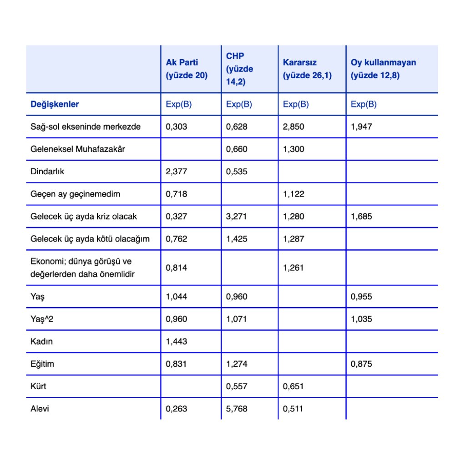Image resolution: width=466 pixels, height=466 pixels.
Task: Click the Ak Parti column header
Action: coord(187,69)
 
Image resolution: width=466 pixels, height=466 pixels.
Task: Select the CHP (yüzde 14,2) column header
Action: coord(240,69)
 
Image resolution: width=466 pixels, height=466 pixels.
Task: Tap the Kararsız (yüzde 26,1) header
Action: coord(307,69)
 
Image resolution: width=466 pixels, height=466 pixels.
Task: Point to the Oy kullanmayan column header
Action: coord(383,69)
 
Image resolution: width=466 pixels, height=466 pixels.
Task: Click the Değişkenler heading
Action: coord(55,104)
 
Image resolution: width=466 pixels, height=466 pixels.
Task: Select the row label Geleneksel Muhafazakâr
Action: coord(77,149)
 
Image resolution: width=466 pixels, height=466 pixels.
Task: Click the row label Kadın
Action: coord(41,341)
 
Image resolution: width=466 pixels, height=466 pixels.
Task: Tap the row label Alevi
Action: coord(40,409)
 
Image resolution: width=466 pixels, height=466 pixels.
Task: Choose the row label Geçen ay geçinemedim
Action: coord(75,194)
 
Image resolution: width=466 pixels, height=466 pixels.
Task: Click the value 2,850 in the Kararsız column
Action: coord(294,127)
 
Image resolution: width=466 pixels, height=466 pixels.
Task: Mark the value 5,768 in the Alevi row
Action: coord(237,409)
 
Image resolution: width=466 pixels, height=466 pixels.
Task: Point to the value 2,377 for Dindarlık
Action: coord(177,172)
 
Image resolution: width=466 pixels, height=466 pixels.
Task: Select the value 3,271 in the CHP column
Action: coord(237,217)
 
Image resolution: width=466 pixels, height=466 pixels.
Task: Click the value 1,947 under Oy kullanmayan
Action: coord(361,127)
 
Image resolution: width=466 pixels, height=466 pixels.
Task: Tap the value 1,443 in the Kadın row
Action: coord(177,341)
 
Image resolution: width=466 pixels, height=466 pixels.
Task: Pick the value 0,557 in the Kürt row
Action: coord(237,386)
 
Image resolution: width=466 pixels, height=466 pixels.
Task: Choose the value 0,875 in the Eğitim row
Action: coord(361,364)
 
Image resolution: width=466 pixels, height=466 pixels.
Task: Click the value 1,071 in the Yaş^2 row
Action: coord(237,319)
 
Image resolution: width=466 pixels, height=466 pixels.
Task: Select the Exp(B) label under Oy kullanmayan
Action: coord(364,104)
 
